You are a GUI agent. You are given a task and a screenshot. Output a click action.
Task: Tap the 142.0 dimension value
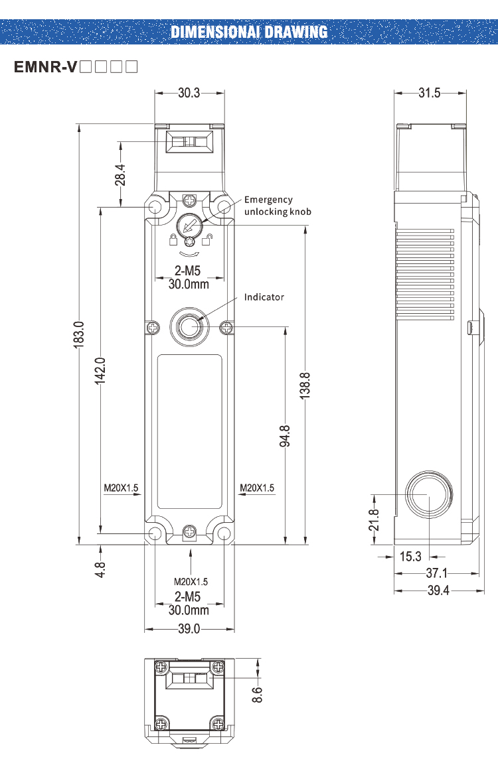point(100,370)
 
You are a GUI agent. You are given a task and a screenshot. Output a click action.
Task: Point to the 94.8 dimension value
point(285,437)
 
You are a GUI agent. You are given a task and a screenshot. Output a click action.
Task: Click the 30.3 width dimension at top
point(189,93)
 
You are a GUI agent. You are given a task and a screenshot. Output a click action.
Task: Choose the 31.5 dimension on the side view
point(429,93)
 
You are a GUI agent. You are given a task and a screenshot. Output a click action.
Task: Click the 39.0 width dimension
point(189,629)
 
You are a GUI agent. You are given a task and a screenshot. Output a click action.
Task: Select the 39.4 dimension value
point(437,590)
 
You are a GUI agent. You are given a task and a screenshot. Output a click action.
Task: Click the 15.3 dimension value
point(410,557)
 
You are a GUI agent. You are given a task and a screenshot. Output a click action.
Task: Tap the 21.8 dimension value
point(374,519)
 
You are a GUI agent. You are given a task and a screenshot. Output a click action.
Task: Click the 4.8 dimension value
point(100,569)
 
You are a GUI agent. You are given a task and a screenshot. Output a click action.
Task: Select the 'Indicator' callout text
point(264,297)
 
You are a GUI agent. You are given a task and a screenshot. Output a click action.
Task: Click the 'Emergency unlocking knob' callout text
point(278,206)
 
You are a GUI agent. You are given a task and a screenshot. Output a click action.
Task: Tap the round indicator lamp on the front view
point(190,326)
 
